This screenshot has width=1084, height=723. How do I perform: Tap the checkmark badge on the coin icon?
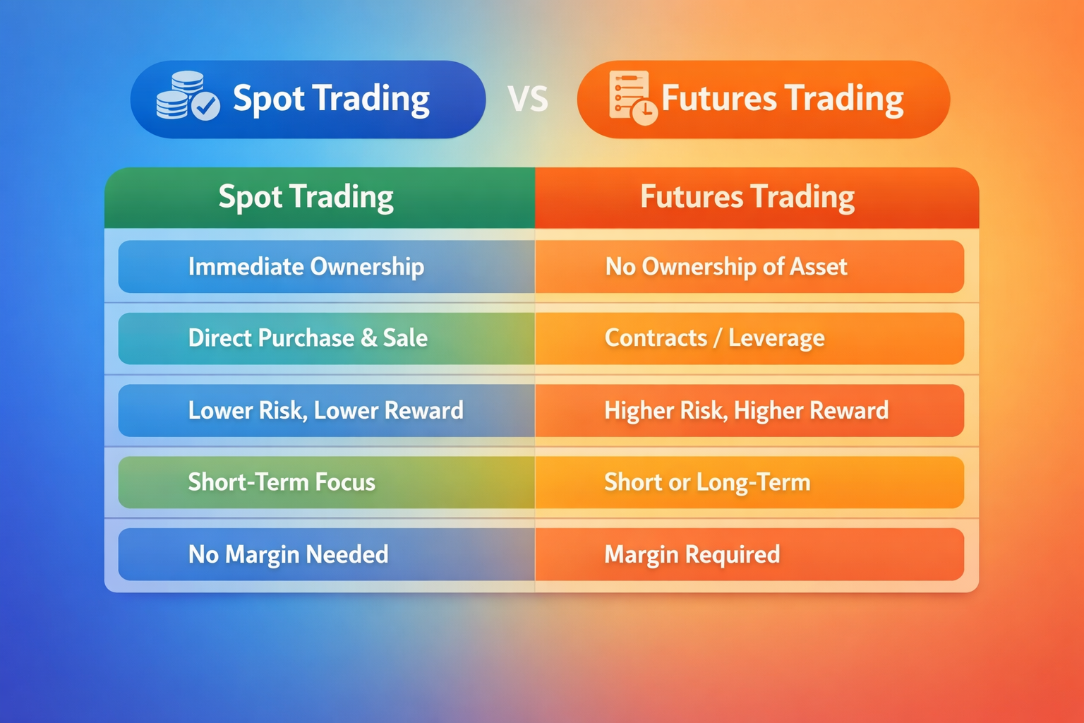coord(206,107)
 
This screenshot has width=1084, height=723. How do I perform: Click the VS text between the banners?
coord(528,100)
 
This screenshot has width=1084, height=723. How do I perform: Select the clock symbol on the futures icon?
coord(645,112)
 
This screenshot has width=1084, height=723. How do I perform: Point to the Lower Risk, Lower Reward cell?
coord(326,410)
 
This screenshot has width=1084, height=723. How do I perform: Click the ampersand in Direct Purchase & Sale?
coord(368,338)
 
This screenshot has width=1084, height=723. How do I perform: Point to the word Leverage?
coord(776,339)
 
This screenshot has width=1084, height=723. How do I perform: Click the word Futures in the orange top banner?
coord(718,98)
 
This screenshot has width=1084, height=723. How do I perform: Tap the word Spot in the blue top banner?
coord(267,99)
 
